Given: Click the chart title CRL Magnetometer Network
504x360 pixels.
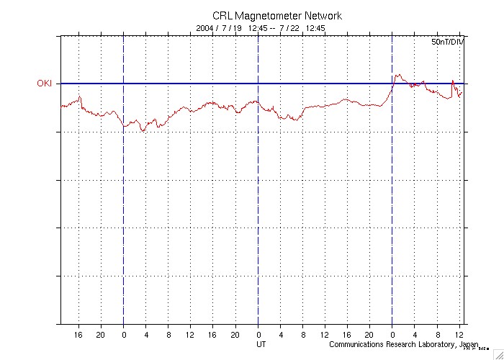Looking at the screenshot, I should coord(277,16).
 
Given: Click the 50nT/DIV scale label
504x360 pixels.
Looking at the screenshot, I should coord(448,43).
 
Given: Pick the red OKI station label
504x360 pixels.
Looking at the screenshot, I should coord(45,84).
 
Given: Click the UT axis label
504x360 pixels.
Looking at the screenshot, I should coord(261,344).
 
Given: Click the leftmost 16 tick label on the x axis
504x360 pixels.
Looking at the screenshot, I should coord(78,335).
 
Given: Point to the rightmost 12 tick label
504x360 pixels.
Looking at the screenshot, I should coord(459,335).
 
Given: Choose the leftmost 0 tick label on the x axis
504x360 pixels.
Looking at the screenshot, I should coord(124,335).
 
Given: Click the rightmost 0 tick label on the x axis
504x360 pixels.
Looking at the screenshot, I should coord(392,335).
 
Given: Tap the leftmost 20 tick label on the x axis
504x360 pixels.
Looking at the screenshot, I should coord(101,335).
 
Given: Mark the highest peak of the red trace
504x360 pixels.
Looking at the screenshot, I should coord(397,73).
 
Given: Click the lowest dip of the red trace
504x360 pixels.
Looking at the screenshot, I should coord(143,131).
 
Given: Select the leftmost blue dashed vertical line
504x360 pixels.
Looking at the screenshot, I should coord(124,216).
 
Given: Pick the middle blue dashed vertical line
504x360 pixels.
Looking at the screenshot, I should coord(258,216).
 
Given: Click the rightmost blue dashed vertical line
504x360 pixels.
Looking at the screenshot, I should coord(392,216).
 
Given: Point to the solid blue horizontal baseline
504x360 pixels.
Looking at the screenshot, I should coord(216,84).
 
